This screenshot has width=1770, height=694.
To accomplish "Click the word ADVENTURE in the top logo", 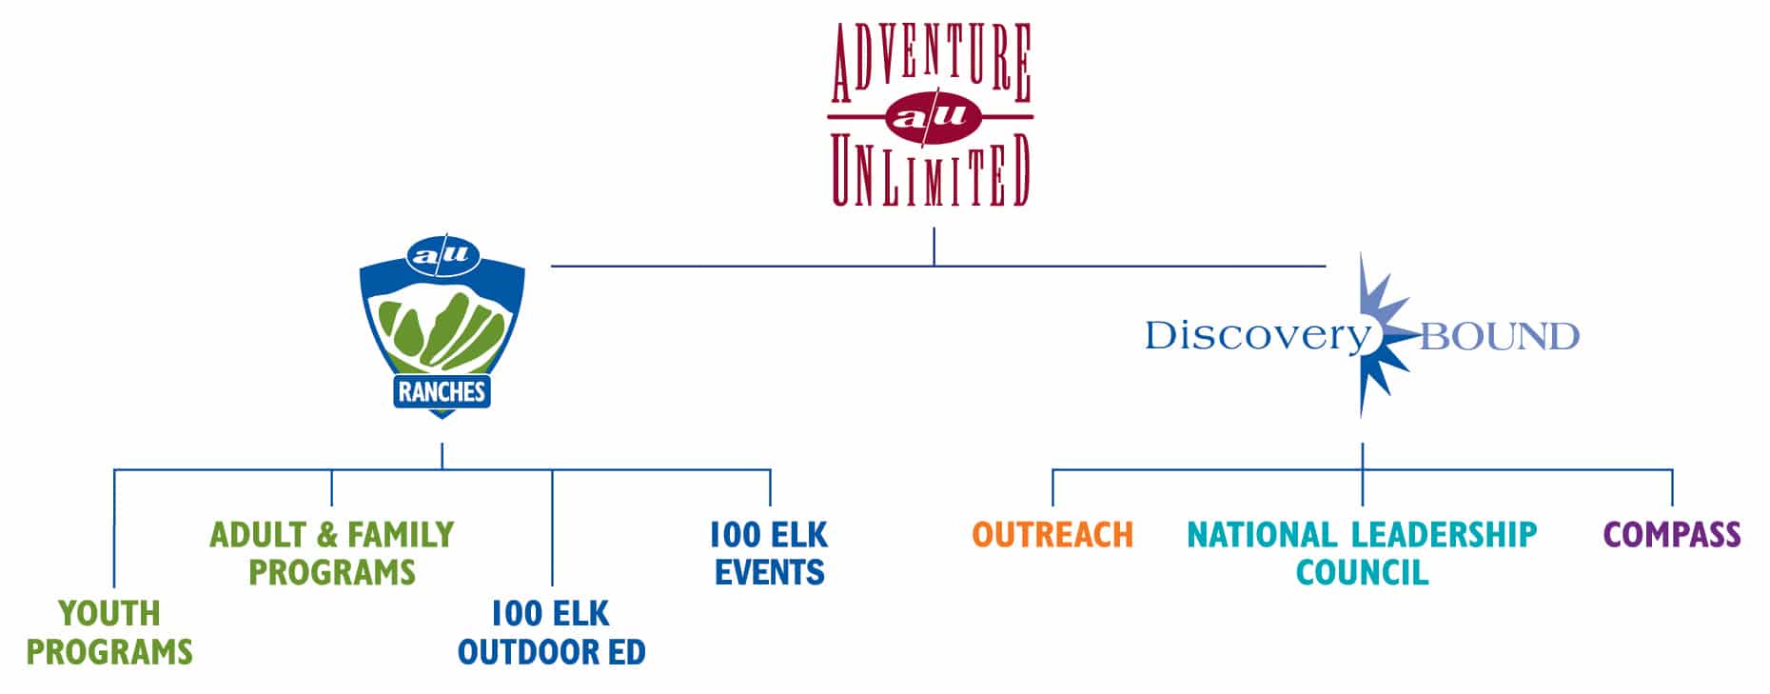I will tap(931, 64).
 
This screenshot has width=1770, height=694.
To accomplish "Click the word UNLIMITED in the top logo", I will tap(931, 170).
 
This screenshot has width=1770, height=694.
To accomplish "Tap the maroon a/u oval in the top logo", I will tap(932, 116).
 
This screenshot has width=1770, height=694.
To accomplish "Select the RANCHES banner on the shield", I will tap(442, 391).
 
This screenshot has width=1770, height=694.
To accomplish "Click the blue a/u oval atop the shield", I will tap(442, 255).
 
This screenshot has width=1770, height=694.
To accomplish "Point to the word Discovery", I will tap(1255, 336).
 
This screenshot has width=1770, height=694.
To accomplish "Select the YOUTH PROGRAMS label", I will tap(109, 632).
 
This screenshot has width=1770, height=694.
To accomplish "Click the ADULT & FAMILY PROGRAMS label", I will tap(331, 553).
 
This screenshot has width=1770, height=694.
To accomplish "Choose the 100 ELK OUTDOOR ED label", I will tap(551, 632).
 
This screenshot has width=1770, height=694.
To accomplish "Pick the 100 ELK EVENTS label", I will tap(769, 553).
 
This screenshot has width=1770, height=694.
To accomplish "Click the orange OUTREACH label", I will tap(1052, 534).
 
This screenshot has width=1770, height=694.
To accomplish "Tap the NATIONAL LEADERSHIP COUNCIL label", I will tap(1362, 553).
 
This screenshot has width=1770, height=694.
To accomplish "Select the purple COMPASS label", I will tap(1672, 534).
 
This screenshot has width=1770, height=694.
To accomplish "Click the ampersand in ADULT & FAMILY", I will tap(327, 534).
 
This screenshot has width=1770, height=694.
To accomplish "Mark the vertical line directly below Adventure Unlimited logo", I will tap(934, 246).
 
